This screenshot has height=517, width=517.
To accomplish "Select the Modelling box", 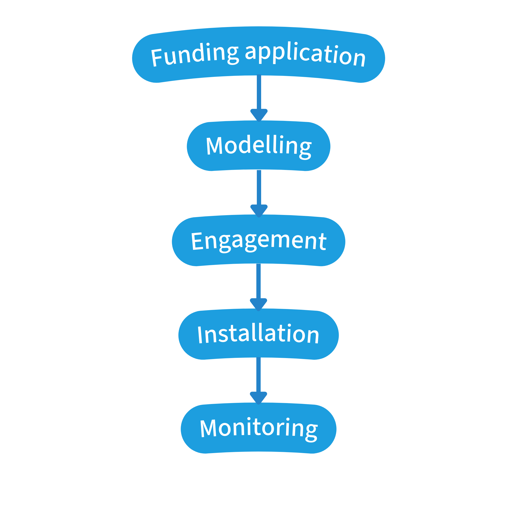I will tap(258, 146).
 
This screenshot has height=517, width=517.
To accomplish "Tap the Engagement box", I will tap(258, 241).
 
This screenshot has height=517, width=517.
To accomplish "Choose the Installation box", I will tap(258, 335).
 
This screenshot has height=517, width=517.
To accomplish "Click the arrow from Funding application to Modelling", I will tap(259, 92).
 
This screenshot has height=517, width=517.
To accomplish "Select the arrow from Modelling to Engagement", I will tap(259, 187).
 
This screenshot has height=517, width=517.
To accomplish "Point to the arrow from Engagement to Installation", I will tap(258, 281).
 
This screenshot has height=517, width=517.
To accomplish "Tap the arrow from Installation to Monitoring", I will tap(258, 375).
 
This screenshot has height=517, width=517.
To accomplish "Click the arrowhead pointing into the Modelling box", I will tap(259, 115).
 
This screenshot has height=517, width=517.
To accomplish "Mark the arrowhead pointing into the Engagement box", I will tap(259, 211).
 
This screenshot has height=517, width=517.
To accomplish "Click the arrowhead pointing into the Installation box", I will tap(258, 304).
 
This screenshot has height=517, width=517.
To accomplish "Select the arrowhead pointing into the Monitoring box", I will tap(258, 398).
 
